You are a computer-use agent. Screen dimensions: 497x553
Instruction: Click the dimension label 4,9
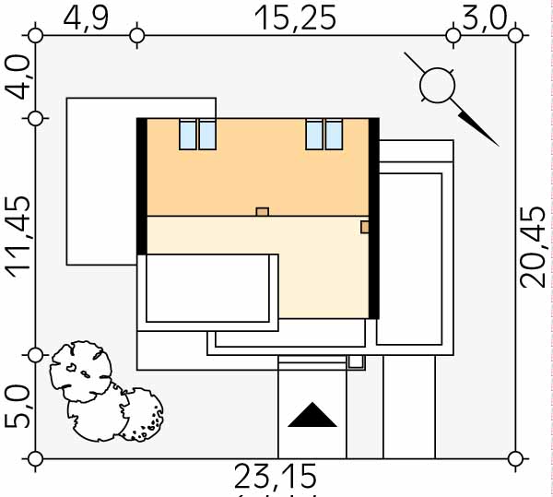tap(85, 18)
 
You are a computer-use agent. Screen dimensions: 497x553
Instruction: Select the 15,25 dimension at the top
tap(297, 18)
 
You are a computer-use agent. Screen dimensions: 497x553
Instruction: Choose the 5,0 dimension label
tap(18, 407)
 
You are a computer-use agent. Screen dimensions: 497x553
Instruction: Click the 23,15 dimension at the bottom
tap(275, 478)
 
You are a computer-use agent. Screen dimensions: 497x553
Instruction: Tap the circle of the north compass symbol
tap(437, 86)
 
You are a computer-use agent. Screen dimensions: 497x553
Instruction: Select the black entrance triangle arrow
tap(312, 416)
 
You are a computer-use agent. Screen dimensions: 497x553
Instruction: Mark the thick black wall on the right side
tap(374, 218)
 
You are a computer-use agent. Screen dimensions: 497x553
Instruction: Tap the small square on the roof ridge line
tap(262, 212)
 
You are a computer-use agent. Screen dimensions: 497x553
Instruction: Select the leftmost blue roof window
tap(187, 135)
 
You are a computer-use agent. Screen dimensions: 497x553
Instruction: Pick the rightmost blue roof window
tap(335, 135)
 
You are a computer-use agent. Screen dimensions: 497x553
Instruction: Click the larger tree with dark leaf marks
tap(85, 371)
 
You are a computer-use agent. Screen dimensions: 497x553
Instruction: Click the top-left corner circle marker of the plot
tap(36, 36)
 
